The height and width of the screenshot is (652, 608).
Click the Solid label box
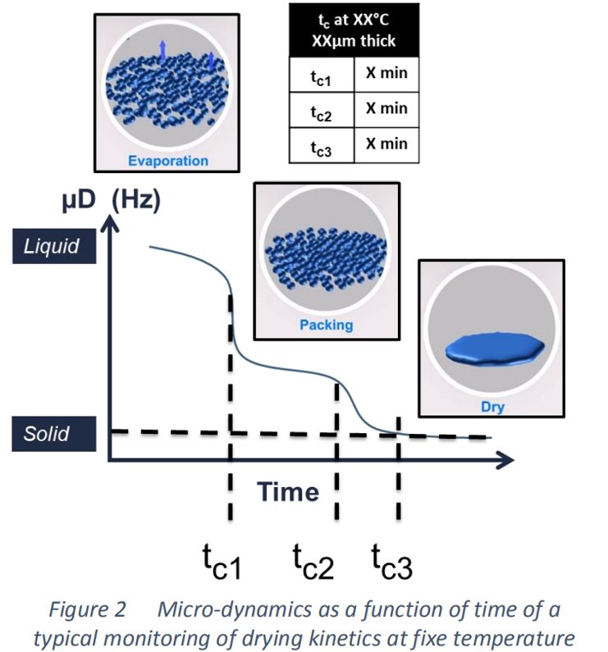point(53,433)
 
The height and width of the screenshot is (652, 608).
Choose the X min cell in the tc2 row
point(386,109)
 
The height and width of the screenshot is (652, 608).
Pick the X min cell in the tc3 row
point(386,144)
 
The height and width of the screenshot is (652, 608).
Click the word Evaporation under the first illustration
point(168,161)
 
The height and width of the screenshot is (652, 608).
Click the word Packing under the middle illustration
point(326,324)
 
